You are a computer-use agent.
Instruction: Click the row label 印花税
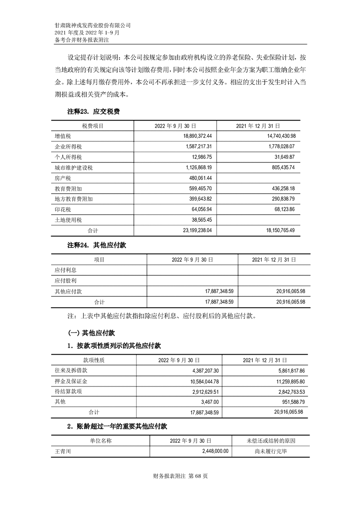coord(63,210)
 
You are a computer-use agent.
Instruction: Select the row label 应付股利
coord(65,281)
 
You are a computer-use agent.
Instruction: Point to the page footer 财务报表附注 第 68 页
coord(181,476)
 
